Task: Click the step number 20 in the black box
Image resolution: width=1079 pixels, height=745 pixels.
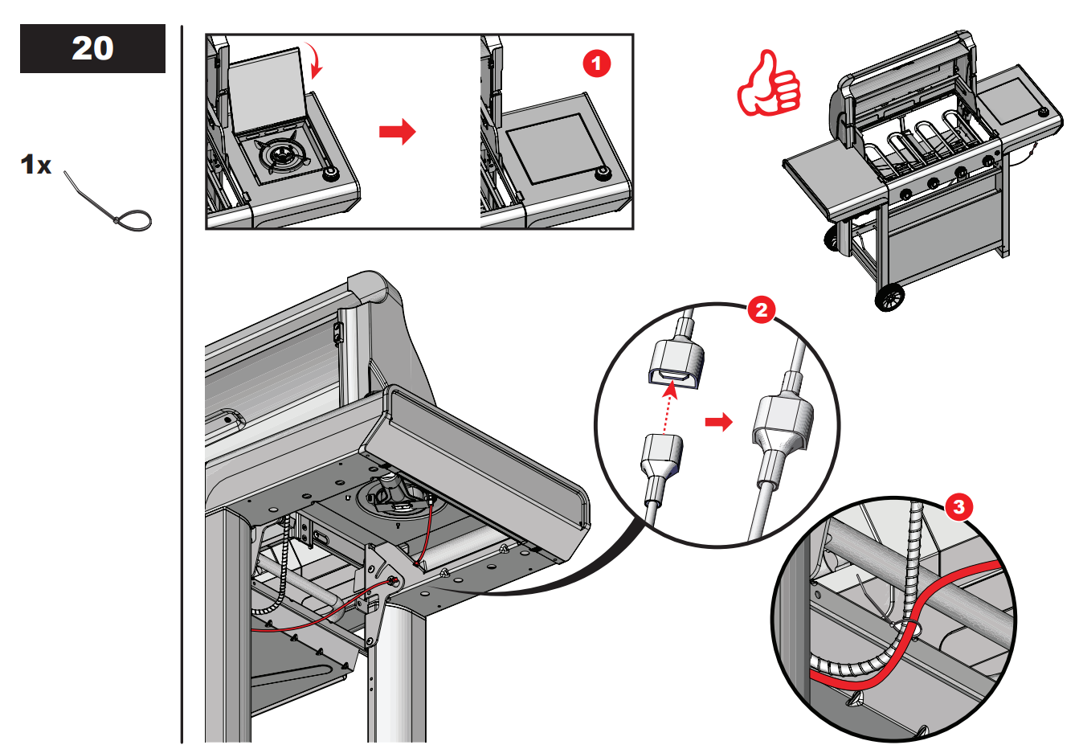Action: click(x=92, y=48)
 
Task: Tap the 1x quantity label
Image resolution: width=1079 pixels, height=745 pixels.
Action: click(x=35, y=166)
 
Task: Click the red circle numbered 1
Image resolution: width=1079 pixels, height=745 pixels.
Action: click(x=596, y=63)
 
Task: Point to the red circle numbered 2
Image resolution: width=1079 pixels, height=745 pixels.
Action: click(x=760, y=310)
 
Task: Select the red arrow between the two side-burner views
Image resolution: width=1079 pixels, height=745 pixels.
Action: click(x=397, y=131)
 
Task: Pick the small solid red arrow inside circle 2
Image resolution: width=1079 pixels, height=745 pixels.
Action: click(x=718, y=422)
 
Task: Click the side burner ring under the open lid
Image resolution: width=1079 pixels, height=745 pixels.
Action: click(x=281, y=153)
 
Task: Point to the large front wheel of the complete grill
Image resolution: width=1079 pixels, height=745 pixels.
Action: click(x=889, y=298)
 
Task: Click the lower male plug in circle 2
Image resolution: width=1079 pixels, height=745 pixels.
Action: click(x=661, y=457)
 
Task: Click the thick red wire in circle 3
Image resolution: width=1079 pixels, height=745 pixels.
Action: click(x=908, y=627)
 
